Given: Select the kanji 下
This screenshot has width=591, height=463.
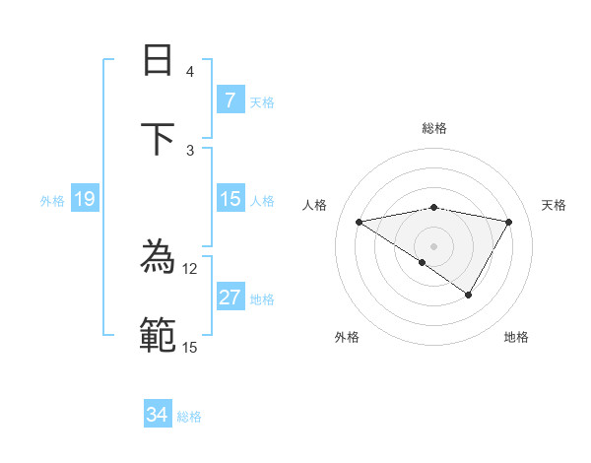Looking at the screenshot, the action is (x=158, y=138).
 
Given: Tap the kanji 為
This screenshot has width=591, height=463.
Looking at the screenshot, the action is (x=158, y=259).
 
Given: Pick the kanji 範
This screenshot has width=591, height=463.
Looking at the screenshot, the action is (x=158, y=335).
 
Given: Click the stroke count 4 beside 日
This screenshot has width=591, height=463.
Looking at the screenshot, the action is (x=190, y=72).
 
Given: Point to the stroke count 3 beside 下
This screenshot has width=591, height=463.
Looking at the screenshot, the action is (x=190, y=150).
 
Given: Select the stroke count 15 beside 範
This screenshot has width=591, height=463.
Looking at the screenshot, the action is (x=189, y=347).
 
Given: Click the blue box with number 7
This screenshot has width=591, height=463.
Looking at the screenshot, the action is (x=230, y=100).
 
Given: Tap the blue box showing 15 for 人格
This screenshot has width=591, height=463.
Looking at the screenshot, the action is (x=230, y=199).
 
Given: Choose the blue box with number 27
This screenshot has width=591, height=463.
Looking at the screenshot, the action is (x=230, y=298).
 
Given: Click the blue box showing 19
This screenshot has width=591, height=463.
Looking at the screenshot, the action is (x=84, y=199).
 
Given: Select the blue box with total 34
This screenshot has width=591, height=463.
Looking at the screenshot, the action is (x=158, y=415).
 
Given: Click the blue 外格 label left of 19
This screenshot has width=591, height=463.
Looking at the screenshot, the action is (x=52, y=201).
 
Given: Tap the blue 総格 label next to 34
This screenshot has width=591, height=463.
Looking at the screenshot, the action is (x=189, y=417).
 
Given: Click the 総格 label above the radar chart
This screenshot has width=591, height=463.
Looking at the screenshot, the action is (x=433, y=128).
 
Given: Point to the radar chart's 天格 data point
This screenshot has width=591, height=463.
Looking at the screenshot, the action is (x=509, y=223).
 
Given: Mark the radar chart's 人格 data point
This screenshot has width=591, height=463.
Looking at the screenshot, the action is (x=359, y=223).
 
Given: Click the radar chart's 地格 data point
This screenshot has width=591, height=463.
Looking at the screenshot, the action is (x=469, y=295).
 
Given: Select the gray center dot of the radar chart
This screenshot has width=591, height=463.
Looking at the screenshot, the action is (x=433, y=245).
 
